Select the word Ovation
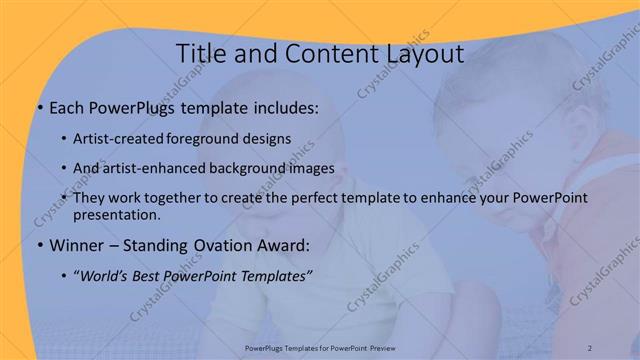pos(224,245)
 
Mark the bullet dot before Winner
pos(38,245)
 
